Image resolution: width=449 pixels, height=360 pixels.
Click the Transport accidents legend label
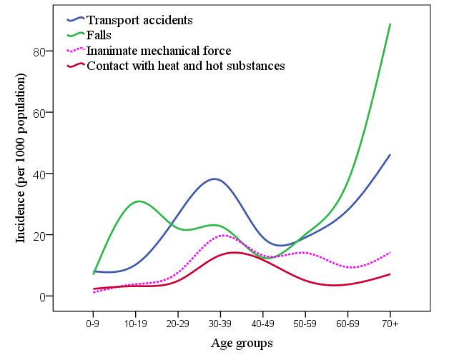point(139,20)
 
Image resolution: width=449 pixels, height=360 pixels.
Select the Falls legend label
point(99,35)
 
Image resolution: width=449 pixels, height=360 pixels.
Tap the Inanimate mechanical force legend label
point(159,51)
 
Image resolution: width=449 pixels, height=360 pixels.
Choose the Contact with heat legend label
point(186,66)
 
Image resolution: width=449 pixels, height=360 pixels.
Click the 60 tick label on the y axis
point(39,114)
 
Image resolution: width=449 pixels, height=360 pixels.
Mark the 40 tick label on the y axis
point(39,174)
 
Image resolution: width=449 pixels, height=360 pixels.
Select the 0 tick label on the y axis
point(42,297)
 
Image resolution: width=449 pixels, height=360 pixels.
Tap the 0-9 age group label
point(92,324)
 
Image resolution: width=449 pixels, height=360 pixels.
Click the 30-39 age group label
point(220,324)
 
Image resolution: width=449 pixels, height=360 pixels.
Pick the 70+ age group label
point(390,324)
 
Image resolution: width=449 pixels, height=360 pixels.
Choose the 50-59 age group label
point(305,324)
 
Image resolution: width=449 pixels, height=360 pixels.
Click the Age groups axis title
point(242,343)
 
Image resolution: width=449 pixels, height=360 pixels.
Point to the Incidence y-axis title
point(21,158)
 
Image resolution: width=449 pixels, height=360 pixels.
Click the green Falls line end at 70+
point(390,24)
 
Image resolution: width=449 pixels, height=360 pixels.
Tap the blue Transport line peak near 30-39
point(214,179)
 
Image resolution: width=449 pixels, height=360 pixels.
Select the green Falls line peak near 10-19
point(139,201)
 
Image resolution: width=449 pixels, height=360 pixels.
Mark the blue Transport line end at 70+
point(390,155)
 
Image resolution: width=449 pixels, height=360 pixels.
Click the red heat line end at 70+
point(390,274)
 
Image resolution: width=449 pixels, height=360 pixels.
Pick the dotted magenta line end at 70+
point(390,252)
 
